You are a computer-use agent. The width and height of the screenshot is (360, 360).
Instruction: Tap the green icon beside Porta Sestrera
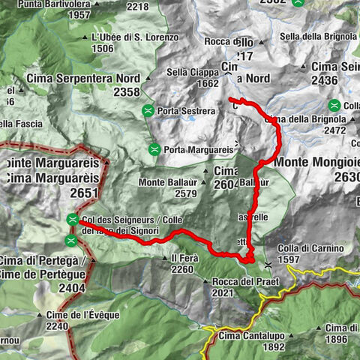click(x=148, y=111)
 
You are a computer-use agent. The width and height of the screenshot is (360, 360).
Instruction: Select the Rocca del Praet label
click(x=235, y=281)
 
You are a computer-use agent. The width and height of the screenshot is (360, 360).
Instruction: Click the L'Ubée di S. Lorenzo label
click(x=134, y=37)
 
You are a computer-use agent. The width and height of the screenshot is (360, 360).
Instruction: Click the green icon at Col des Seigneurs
click(x=72, y=219)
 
